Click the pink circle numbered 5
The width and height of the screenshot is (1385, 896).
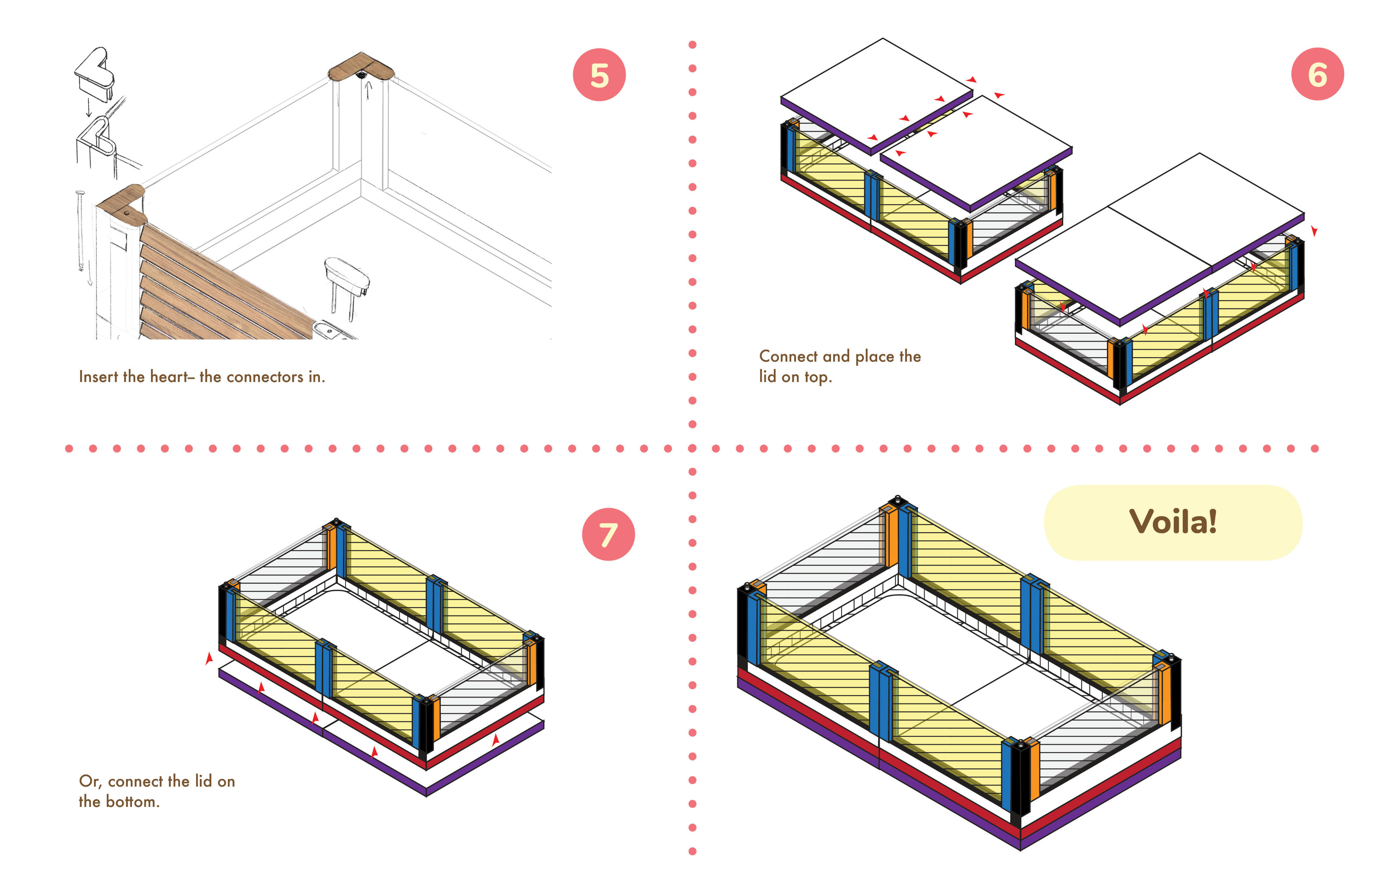tap(599, 75)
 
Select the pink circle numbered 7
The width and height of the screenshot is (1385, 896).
tap(608, 534)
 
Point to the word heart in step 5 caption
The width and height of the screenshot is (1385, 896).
tap(169, 377)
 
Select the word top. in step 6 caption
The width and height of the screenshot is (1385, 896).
tap(818, 377)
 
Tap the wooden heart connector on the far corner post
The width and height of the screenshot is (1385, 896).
tap(361, 67)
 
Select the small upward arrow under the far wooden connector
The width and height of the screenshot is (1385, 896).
tap(368, 90)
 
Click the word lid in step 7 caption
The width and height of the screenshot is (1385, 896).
tap(203, 781)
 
